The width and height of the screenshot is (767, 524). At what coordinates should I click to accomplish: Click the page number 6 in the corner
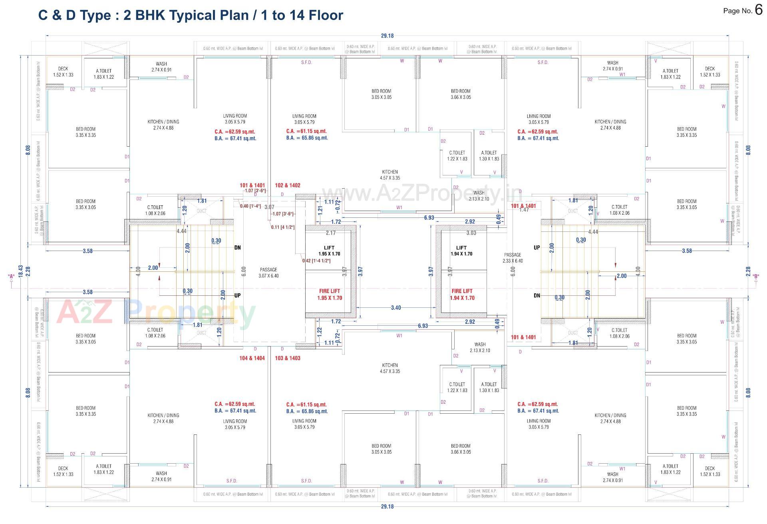click(759, 10)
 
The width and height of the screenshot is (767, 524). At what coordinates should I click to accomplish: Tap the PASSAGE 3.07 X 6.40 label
click(268, 273)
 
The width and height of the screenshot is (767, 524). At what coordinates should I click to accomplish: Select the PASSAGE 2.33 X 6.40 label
click(513, 258)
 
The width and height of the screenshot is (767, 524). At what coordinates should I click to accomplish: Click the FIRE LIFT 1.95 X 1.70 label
click(330, 295)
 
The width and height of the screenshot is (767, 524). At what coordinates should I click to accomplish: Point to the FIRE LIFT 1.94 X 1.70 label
click(462, 295)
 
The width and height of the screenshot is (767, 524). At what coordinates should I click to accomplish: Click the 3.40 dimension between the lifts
click(396, 308)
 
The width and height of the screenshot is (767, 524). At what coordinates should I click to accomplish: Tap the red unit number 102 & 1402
click(288, 185)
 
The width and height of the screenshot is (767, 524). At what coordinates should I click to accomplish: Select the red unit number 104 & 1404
click(252, 358)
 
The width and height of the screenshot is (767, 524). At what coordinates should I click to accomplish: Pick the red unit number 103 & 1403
click(288, 358)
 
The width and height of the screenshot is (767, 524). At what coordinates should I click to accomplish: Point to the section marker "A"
click(11, 276)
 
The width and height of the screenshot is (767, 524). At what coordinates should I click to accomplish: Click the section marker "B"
click(755, 276)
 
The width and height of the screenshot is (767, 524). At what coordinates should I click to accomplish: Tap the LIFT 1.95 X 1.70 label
click(329, 251)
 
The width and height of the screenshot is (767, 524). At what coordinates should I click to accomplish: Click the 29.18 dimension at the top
click(387, 36)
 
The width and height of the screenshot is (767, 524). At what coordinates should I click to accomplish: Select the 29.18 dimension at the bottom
click(387, 506)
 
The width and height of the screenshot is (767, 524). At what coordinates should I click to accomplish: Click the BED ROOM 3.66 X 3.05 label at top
click(461, 94)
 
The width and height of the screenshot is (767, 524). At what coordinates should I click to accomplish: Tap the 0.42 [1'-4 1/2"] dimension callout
click(316, 261)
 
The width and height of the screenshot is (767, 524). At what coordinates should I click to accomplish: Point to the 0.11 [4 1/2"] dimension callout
click(282, 227)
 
